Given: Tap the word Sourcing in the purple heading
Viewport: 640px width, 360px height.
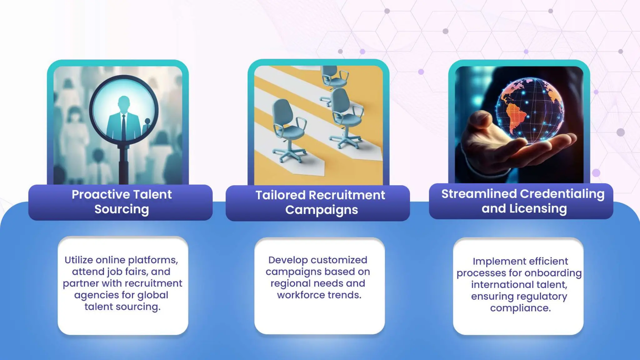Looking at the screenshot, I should [122, 209].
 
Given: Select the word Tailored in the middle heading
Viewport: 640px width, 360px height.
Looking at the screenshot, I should [280, 195].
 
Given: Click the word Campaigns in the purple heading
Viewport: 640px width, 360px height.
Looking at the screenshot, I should [321, 210].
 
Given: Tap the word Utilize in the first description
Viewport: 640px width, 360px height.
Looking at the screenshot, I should [78, 260].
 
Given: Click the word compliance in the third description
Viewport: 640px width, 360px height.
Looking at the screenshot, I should [520, 308].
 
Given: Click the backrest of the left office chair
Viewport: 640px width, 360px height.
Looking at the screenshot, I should [282, 112].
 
